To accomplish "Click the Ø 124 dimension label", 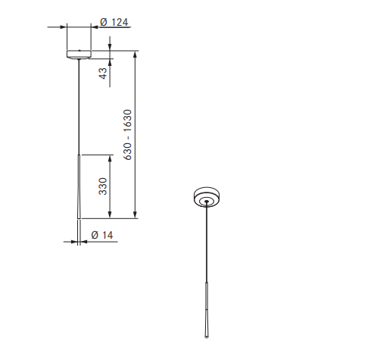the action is pyautogui.click(x=114, y=22).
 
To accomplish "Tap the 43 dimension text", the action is pyautogui.click(x=103, y=74).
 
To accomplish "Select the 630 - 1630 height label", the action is pyautogui.click(x=128, y=135).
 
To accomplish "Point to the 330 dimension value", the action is pyautogui.click(x=103, y=186).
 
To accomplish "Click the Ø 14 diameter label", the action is pyautogui.click(x=102, y=235).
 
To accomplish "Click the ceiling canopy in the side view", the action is pyautogui.click(x=79, y=55).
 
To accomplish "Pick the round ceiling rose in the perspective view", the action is pyautogui.click(x=207, y=197).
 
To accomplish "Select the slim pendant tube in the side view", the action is pyautogui.click(x=79, y=186).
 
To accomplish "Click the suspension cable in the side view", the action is pyautogui.click(x=79, y=107).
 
